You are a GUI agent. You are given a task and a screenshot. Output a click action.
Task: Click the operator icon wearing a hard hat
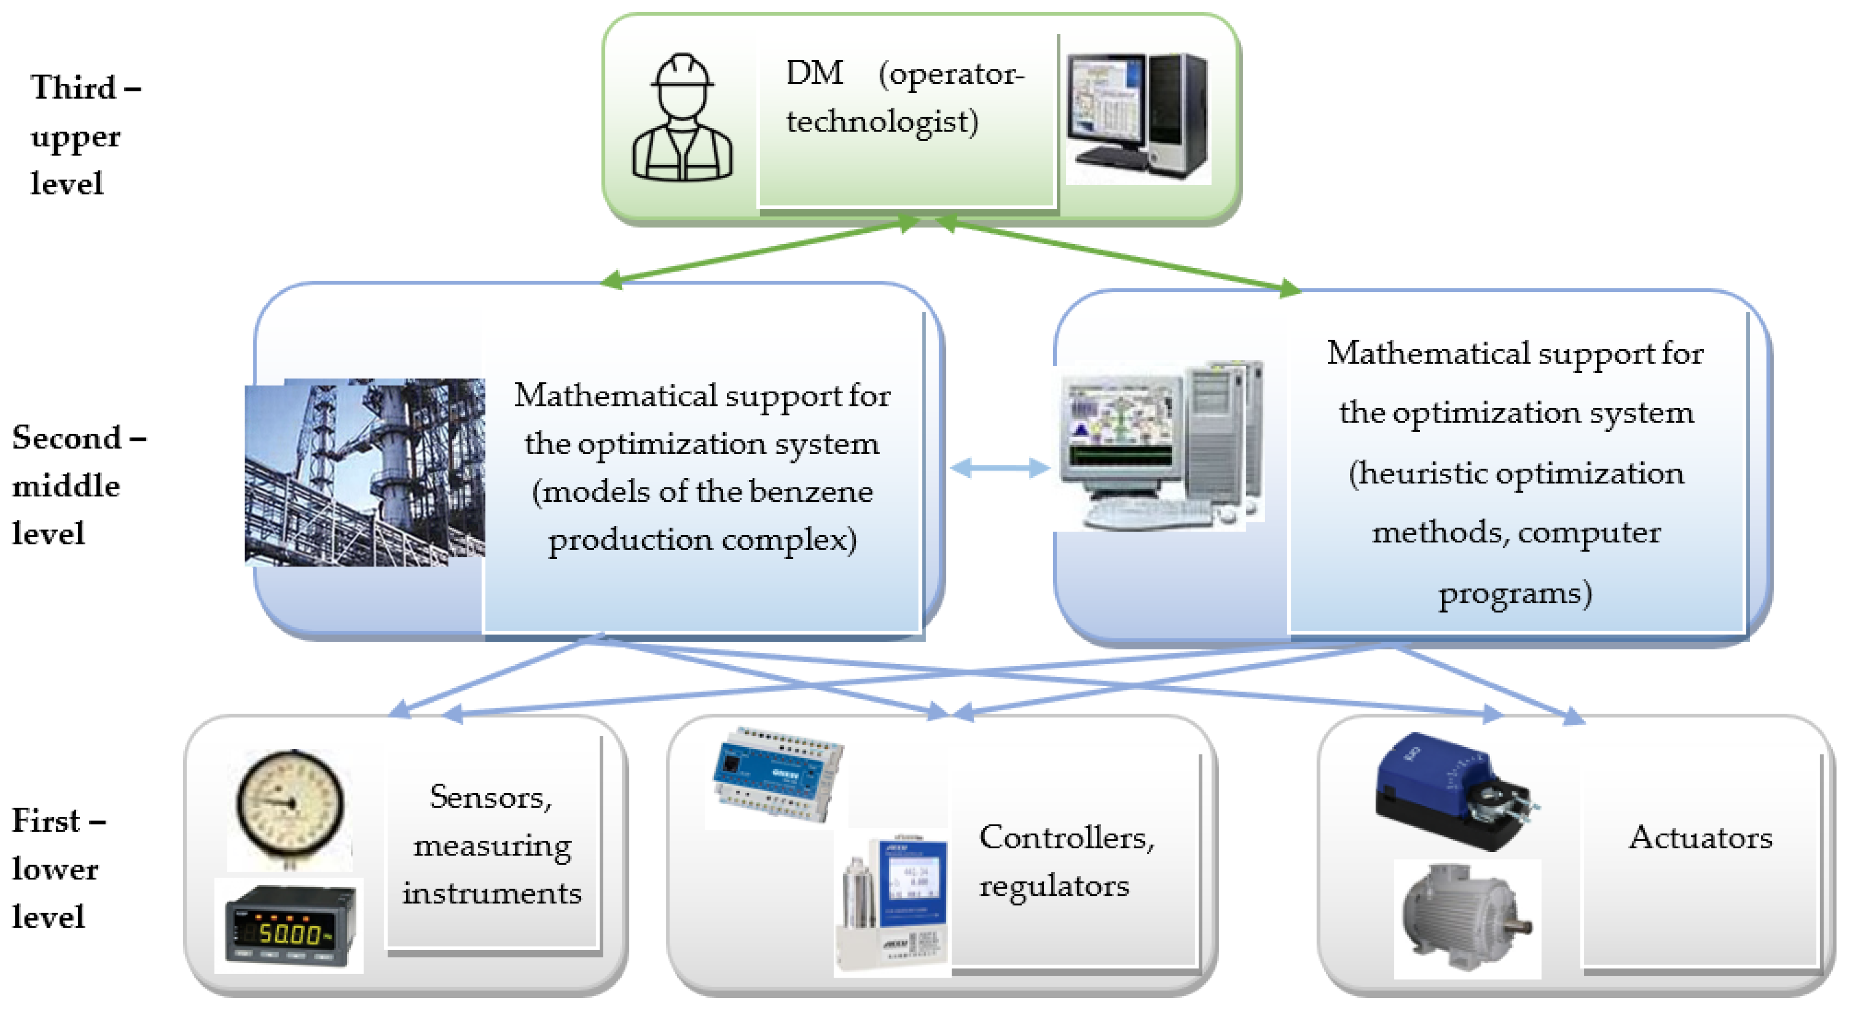(x=682, y=118)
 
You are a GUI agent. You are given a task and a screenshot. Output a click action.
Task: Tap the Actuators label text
(x=1701, y=838)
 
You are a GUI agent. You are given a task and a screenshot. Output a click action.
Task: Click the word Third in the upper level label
(x=73, y=88)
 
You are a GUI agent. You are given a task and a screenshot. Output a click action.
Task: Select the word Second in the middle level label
(x=67, y=438)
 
